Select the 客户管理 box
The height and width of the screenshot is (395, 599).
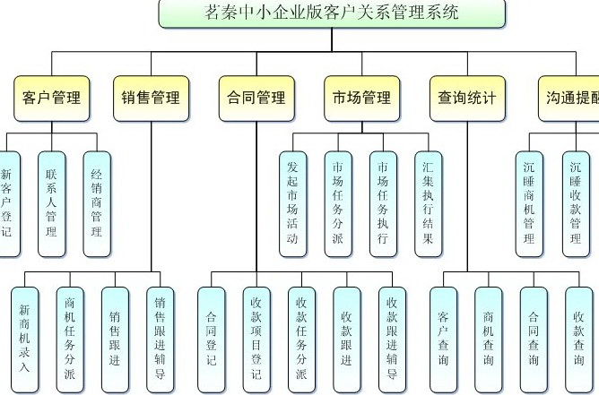(x=51, y=98)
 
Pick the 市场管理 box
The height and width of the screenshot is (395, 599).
(x=361, y=98)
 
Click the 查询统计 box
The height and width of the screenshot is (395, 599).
(x=466, y=98)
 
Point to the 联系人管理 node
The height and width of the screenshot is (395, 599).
(x=51, y=200)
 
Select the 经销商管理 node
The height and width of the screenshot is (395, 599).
(x=96, y=200)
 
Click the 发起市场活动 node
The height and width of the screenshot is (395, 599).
(x=292, y=202)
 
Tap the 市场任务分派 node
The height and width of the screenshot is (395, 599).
(x=337, y=202)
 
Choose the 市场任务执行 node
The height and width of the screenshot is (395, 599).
(x=383, y=202)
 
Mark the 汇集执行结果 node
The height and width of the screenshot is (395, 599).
(x=428, y=202)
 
